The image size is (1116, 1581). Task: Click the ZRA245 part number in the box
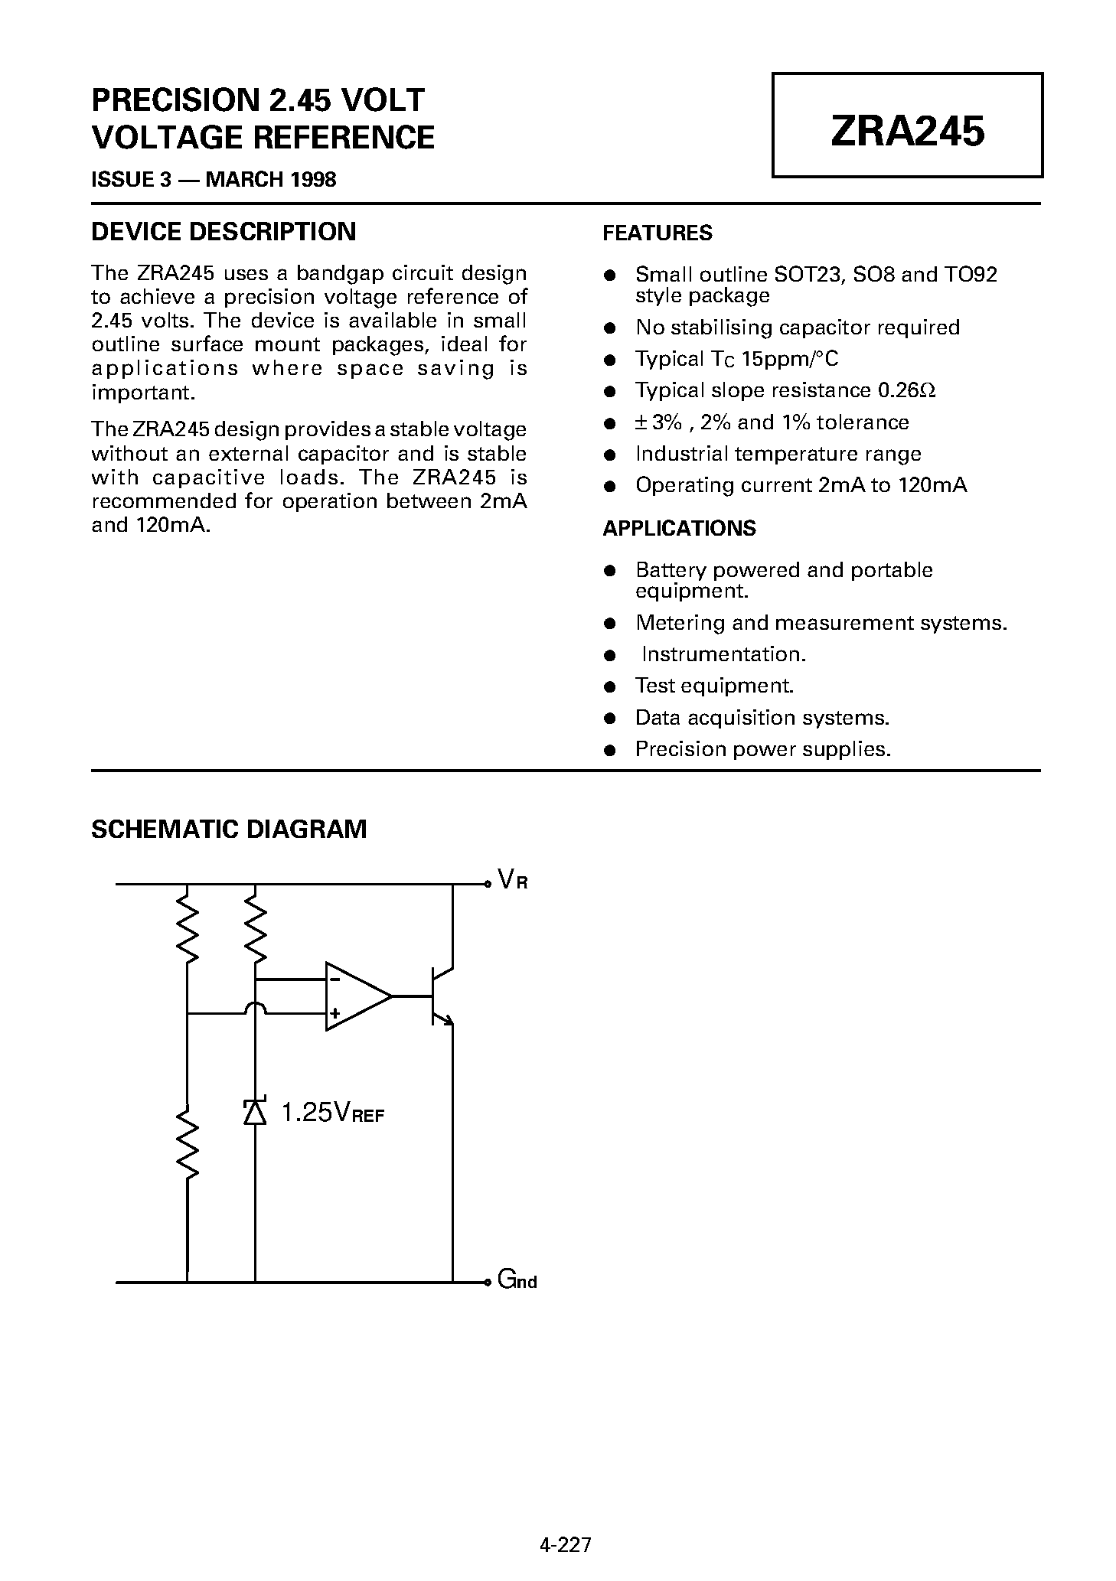907,131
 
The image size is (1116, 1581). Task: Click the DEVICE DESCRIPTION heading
224,231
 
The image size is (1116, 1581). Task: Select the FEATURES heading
658,233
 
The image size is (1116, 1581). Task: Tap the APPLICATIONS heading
679,528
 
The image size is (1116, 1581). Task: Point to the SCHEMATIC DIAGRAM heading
229,829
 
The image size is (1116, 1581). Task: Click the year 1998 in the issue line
312,180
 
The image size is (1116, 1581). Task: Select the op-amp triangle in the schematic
357,996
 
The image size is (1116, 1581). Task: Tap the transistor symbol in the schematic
440,996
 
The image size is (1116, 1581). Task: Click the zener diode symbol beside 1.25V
255,1112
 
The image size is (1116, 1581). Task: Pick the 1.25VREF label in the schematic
332,1113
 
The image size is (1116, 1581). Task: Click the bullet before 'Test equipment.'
610,686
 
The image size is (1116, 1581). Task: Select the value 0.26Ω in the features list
906,390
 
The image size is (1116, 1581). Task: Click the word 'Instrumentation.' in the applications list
723,654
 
